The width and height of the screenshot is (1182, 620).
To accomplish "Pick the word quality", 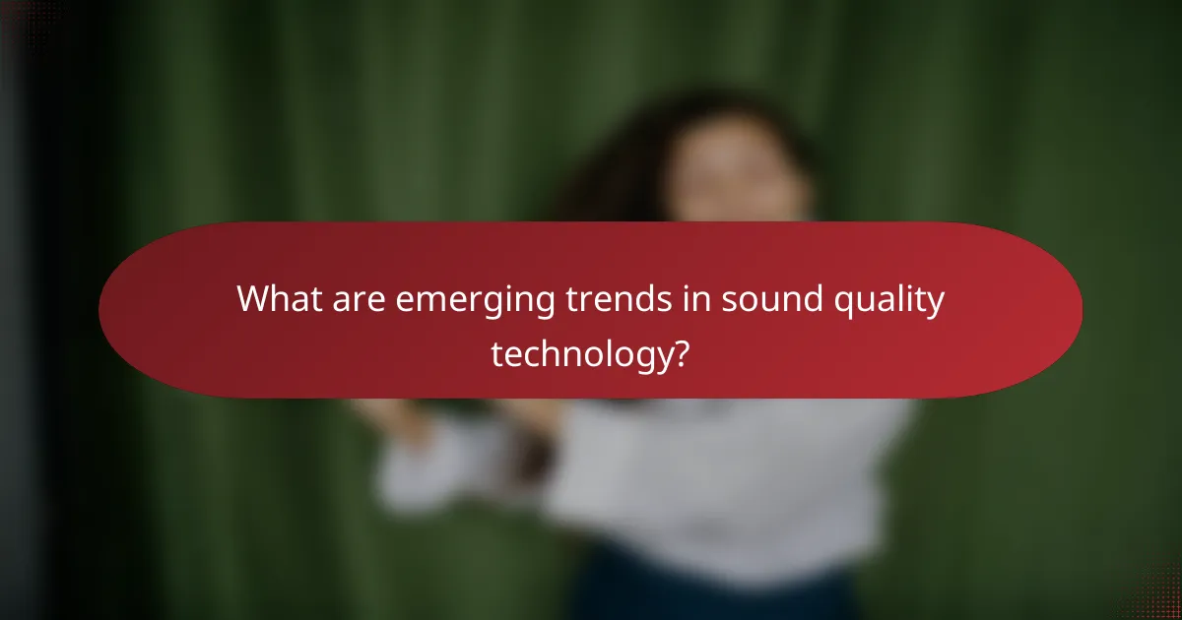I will tap(890, 300).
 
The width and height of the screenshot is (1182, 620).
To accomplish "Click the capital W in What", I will tap(253, 298).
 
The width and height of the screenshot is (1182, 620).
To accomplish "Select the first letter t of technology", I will tap(496, 351).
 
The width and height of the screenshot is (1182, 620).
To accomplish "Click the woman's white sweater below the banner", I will tap(729, 472).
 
